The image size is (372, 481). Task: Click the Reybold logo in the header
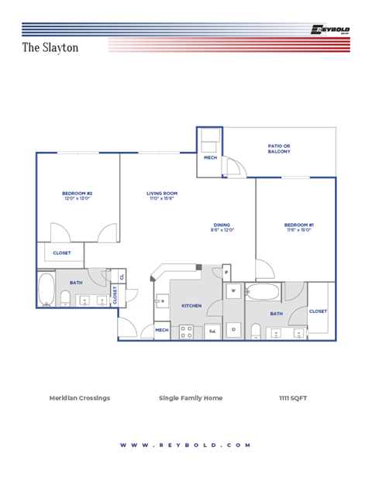pyautogui.click(x=330, y=30)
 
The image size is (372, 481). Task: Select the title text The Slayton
pyautogui.click(x=50, y=47)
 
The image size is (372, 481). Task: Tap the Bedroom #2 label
pyautogui.click(x=77, y=196)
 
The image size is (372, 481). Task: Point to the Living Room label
pyautogui.click(x=163, y=196)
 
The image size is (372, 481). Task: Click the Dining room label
pyautogui.click(x=222, y=227)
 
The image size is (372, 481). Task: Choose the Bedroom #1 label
pyautogui.click(x=298, y=227)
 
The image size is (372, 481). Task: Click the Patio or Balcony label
pyautogui.click(x=279, y=148)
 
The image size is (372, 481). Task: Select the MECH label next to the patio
pyautogui.click(x=210, y=158)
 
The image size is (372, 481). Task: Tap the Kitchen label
pyautogui.click(x=191, y=306)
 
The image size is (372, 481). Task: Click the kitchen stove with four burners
pyautogui.click(x=187, y=332)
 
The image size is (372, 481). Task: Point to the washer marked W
pyautogui.click(x=233, y=292)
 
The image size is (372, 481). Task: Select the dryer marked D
pyautogui.click(x=233, y=329)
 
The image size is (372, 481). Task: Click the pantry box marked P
pyautogui.click(x=226, y=273)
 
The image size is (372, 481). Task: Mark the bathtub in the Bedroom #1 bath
pyautogui.click(x=263, y=293)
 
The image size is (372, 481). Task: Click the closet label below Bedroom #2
pyautogui.click(x=62, y=253)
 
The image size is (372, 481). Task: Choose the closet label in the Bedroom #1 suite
pyautogui.click(x=318, y=311)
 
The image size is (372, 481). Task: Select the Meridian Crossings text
pyautogui.click(x=80, y=398)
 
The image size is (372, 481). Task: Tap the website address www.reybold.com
pyautogui.click(x=186, y=445)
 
